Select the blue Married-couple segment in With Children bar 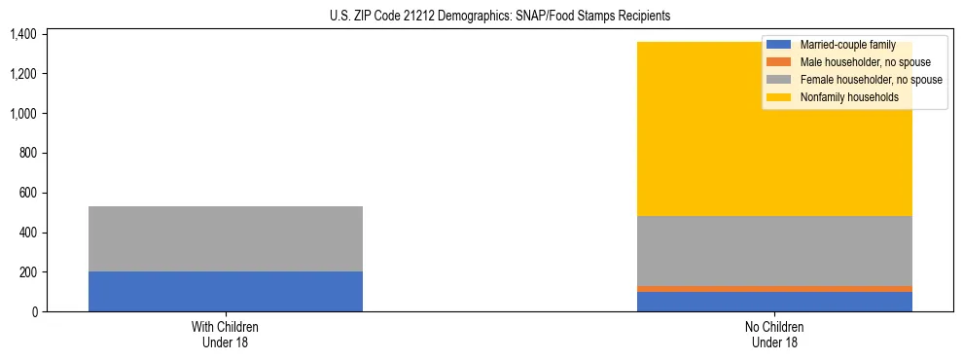(226, 291)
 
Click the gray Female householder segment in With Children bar (226, 238)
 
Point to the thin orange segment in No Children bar (774, 289)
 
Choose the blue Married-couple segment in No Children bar (774, 302)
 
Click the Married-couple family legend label (846, 45)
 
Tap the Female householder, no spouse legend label (870, 80)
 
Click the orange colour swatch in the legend (779, 62)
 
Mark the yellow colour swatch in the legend (779, 97)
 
